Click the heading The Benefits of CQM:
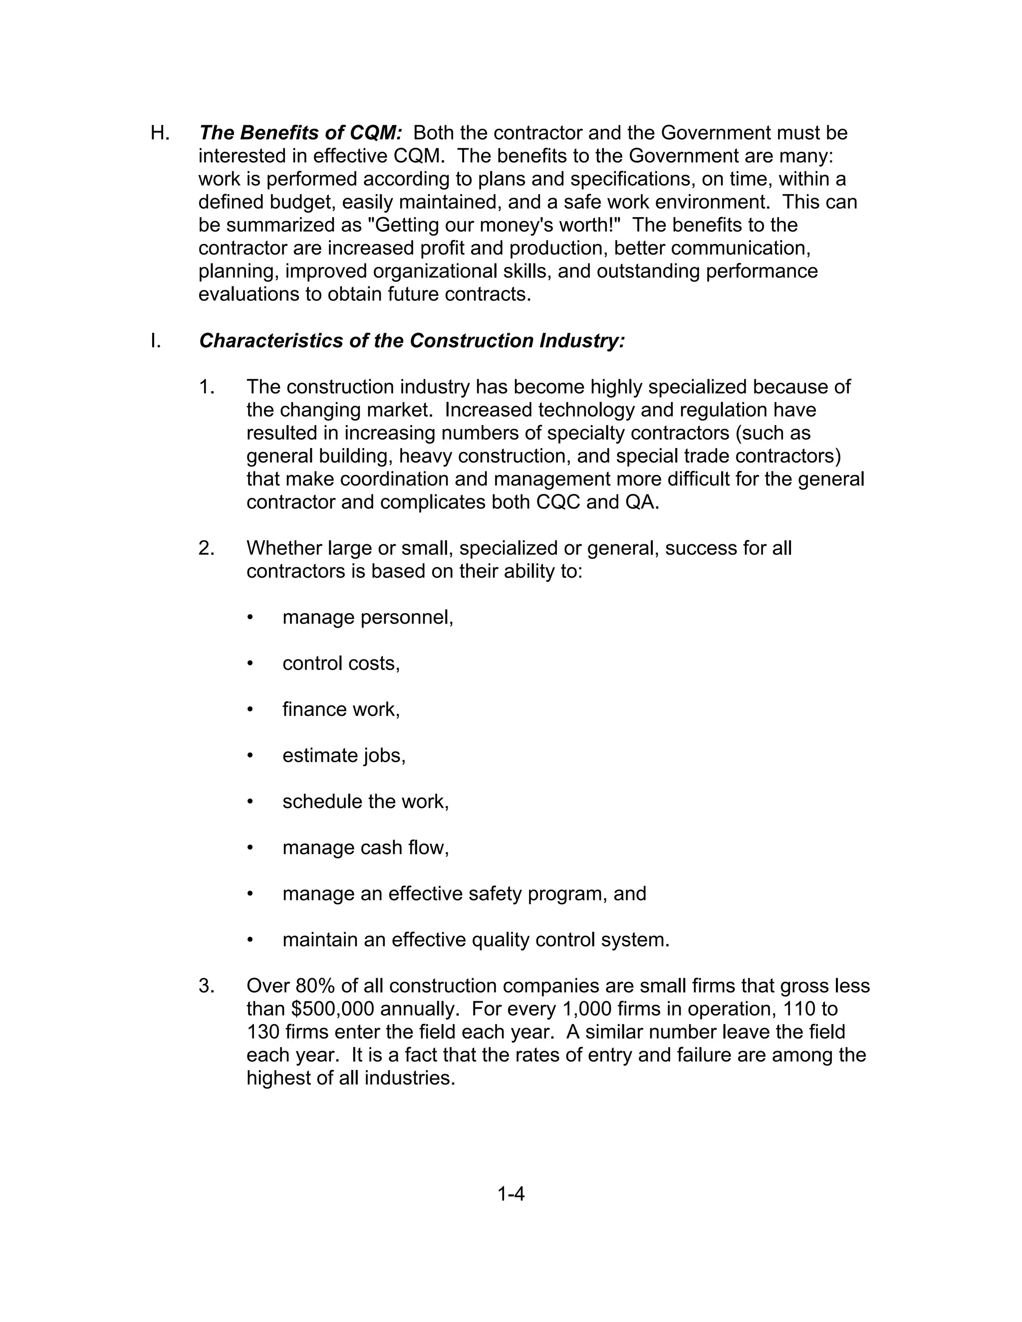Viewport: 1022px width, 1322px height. point(300,133)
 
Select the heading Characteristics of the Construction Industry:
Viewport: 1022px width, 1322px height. point(412,341)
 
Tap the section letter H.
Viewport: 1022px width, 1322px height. point(160,133)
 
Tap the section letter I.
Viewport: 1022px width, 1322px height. point(156,341)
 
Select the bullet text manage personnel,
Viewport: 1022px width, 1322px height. point(367,618)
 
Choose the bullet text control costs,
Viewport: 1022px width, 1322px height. point(341,663)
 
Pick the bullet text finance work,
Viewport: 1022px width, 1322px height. point(341,709)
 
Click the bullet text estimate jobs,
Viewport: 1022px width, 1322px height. point(343,755)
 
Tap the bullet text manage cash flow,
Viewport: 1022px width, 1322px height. point(365,848)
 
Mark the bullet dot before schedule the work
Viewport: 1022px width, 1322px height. point(250,802)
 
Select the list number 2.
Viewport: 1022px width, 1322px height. point(206,548)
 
